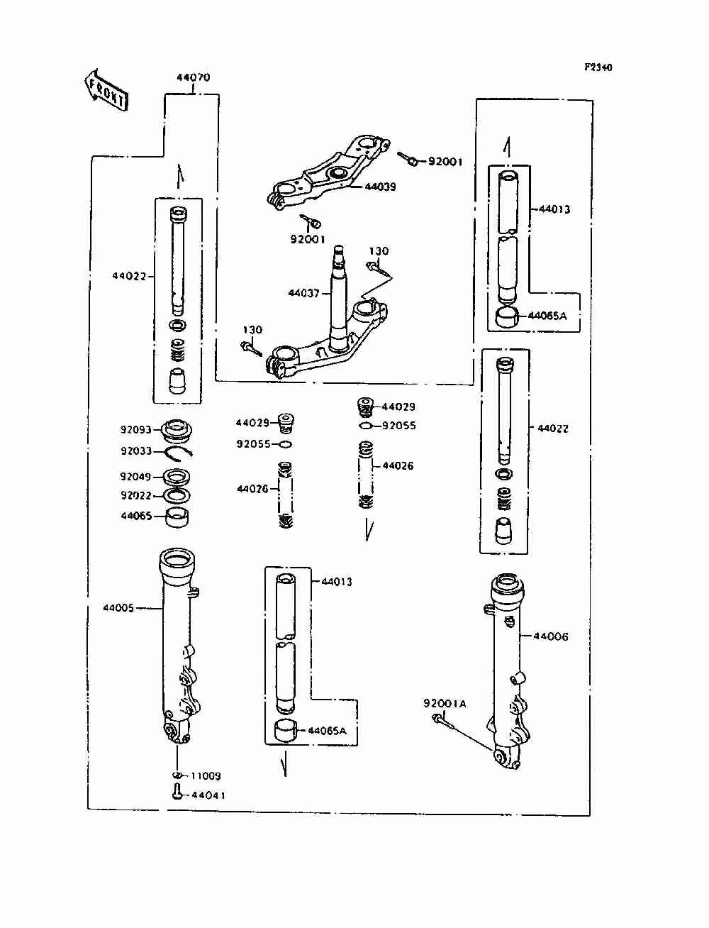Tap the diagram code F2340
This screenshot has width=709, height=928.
598,67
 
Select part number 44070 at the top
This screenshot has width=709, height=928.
193,77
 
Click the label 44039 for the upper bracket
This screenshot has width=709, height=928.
380,187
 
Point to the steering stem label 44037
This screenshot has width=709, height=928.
304,293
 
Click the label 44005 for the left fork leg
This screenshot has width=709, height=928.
118,608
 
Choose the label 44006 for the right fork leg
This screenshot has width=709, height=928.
551,636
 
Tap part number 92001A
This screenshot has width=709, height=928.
445,704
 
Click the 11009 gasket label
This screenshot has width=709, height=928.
206,776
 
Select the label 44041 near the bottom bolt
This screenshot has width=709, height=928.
208,795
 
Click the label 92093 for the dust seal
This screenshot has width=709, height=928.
136,430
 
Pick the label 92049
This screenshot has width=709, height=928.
135,477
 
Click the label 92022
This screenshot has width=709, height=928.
136,495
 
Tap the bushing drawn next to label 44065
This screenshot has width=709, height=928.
177,517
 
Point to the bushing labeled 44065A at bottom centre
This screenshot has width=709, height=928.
286,731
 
